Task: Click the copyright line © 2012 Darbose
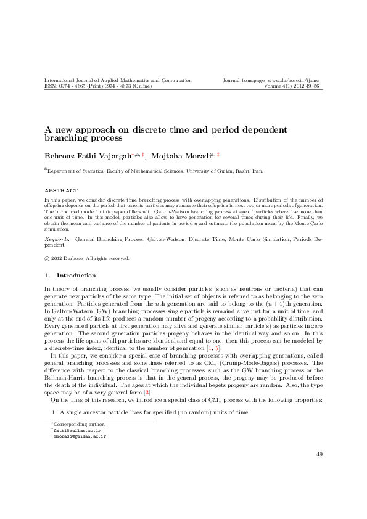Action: [86, 258]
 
